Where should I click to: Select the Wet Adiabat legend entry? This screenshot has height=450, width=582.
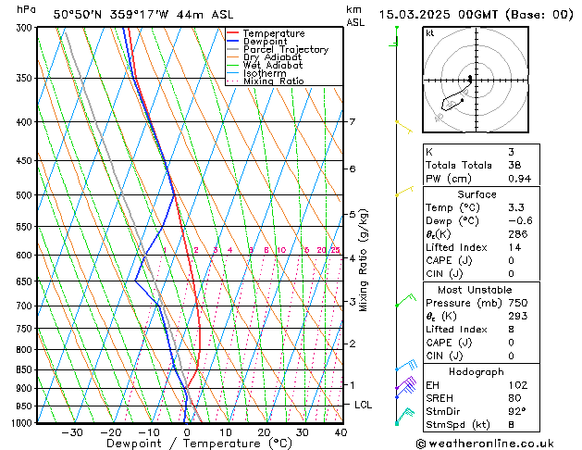[272, 65]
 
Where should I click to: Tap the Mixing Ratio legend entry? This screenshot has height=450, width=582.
[273, 81]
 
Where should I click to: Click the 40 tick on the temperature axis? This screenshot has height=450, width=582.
[341, 432]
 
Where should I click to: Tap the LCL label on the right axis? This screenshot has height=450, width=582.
[364, 405]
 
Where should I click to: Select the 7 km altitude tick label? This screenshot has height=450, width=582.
[352, 122]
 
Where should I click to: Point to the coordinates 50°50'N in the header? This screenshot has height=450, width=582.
[85, 14]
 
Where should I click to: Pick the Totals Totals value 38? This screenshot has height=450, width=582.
[514, 165]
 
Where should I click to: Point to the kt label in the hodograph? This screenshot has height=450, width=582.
[430, 33]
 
